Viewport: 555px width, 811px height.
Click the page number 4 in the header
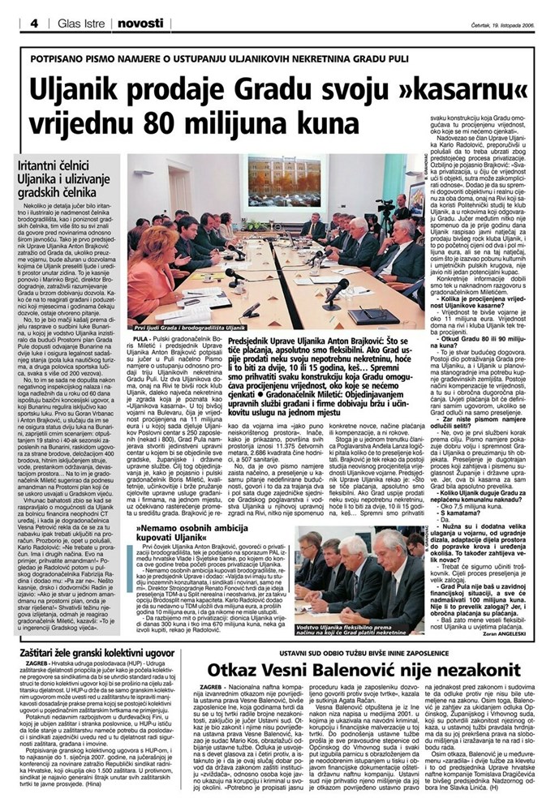pyautogui.click(x=34, y=24)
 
